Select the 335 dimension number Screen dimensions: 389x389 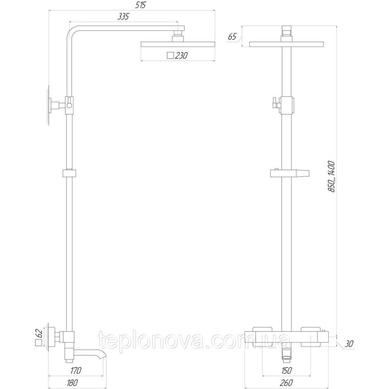[123, 17]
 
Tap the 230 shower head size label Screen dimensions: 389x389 [181, 56]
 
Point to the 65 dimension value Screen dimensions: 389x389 [232, 37]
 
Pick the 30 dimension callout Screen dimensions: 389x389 [349, 343]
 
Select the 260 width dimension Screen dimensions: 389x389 [287, 383]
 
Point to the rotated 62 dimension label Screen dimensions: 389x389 [38, 333]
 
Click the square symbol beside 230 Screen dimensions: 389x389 [170, 56]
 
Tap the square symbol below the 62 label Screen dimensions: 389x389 [38, 343]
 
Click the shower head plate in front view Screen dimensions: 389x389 [287, 44]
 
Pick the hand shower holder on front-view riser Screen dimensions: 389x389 [290, 173]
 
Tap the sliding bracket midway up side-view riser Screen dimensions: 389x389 [69, 173]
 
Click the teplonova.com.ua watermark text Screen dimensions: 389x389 [194, 341]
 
